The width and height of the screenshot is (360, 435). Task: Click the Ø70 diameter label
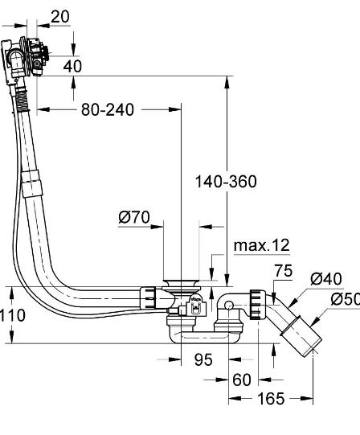[x=135, y=217]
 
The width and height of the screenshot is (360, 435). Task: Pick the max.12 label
[x=260, y=244]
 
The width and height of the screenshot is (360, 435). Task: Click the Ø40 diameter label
[x=326, y=279]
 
